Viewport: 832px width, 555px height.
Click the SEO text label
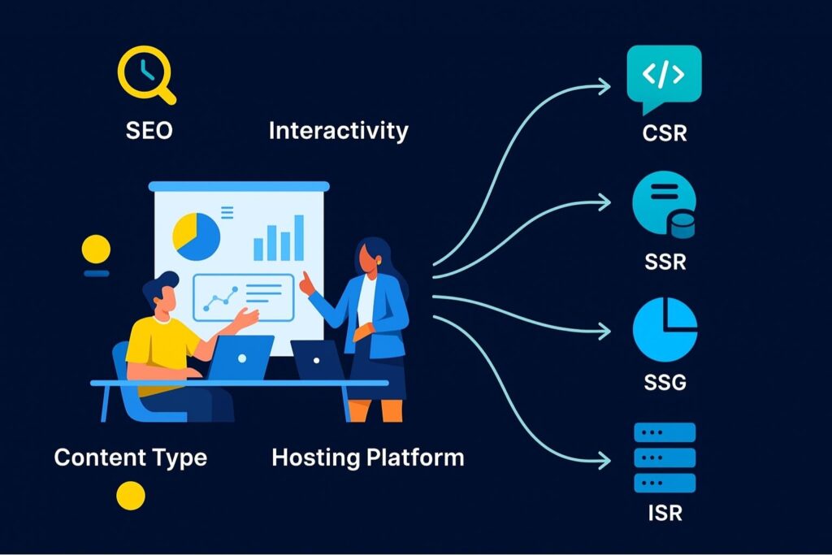[149, 131]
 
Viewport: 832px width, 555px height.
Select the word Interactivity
[338, 131]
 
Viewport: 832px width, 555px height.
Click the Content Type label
[130, 457]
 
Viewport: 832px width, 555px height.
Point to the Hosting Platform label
[367, 457]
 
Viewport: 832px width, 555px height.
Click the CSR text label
[664, 132]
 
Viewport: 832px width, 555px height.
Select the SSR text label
[664, 262]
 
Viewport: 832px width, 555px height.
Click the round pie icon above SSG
[665, 329]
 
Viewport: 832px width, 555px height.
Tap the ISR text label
[664, 514]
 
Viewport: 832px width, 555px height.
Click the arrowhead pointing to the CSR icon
[604, 84]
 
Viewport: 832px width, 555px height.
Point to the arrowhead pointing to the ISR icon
[604, 460]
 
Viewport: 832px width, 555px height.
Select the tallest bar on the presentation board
[298, 237]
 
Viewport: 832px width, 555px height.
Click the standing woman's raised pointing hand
[305, 284]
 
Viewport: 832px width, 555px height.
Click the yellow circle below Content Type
[131, 495]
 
